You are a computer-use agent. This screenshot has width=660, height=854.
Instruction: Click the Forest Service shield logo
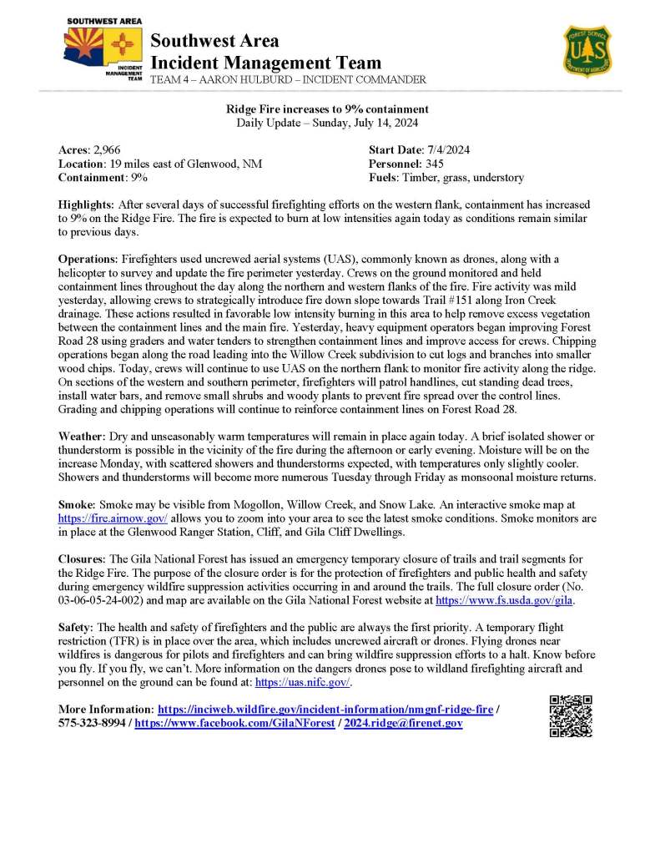(x=587, y=52)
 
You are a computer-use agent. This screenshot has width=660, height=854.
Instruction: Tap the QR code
(x=571, y=715)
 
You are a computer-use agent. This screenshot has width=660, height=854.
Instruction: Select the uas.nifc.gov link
(x=302, y=682)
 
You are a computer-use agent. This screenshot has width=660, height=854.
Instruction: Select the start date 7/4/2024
(x=449, y=149)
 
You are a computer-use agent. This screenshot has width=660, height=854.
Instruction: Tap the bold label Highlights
(x=87, y=205)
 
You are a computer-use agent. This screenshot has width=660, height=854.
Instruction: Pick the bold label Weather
(x=81, y=437)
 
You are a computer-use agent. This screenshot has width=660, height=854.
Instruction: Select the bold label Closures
(x=82, y=558)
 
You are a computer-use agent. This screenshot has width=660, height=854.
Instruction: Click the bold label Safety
(x=77, y=627)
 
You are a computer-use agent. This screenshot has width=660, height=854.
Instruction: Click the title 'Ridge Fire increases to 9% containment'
(x=328, y=109)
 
